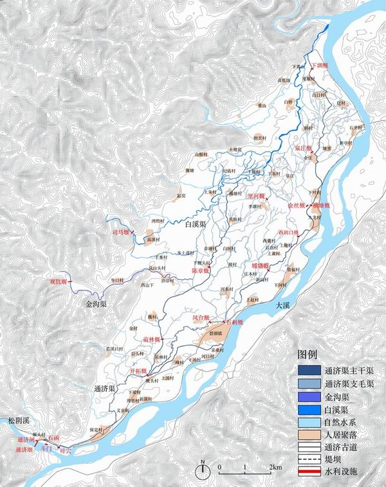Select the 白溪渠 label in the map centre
tap(194, 224)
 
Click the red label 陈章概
tap(200, 271)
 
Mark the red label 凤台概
tap(201, 317)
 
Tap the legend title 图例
tap(308, 355)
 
